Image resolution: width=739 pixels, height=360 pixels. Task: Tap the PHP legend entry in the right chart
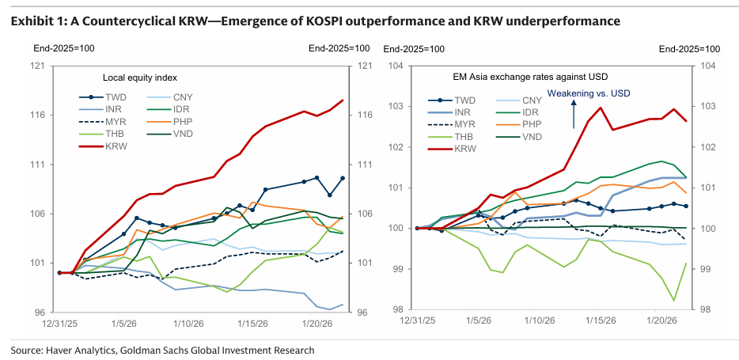tap(519, 124)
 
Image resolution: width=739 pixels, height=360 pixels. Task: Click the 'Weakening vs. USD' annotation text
tap(589, 93)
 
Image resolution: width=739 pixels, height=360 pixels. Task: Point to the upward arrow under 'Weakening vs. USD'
tap(574, 115)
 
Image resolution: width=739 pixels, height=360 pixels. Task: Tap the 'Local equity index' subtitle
tap(140, 78)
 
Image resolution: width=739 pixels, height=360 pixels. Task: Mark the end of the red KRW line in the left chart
tap(343, 100)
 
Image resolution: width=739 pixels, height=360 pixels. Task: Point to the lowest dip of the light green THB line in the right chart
tap(674, 300)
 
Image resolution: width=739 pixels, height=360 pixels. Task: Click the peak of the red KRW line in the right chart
tap(601, 108)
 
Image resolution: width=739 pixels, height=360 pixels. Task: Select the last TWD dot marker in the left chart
tap(343, 178)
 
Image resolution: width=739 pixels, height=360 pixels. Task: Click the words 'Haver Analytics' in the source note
tap(76, 350)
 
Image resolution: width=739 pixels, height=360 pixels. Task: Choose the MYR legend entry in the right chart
tap(452, 125)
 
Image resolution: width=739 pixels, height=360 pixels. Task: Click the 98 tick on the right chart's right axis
tap(708, 309)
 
